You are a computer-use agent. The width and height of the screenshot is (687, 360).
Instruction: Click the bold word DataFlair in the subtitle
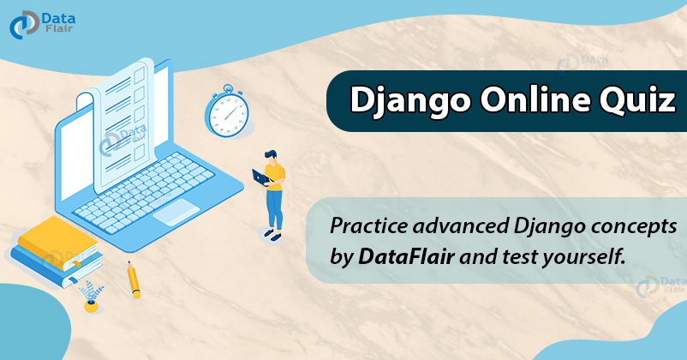pos(406,256)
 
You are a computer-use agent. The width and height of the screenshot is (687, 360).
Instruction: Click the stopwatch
pos(227,111)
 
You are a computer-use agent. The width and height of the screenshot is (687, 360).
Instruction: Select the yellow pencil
pos(133,279)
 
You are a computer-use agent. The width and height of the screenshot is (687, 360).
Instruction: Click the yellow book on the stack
pos(58,243)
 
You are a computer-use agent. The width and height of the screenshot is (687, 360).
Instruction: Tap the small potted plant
pos(91,297)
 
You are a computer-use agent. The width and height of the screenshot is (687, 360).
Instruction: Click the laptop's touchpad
pos(176,213)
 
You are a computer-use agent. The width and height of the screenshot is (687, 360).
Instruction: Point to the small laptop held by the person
pos(262,178)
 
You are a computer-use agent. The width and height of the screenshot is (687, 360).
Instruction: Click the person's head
pos(271,157)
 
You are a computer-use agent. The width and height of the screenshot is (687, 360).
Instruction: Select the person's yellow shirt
pos(276,177)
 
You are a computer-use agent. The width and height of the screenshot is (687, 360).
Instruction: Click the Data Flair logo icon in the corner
pos(25,25)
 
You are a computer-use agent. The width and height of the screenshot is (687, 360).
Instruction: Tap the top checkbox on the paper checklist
pos(140,75)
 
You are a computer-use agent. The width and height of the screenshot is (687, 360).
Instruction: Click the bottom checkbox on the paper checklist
pos(140,153)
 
